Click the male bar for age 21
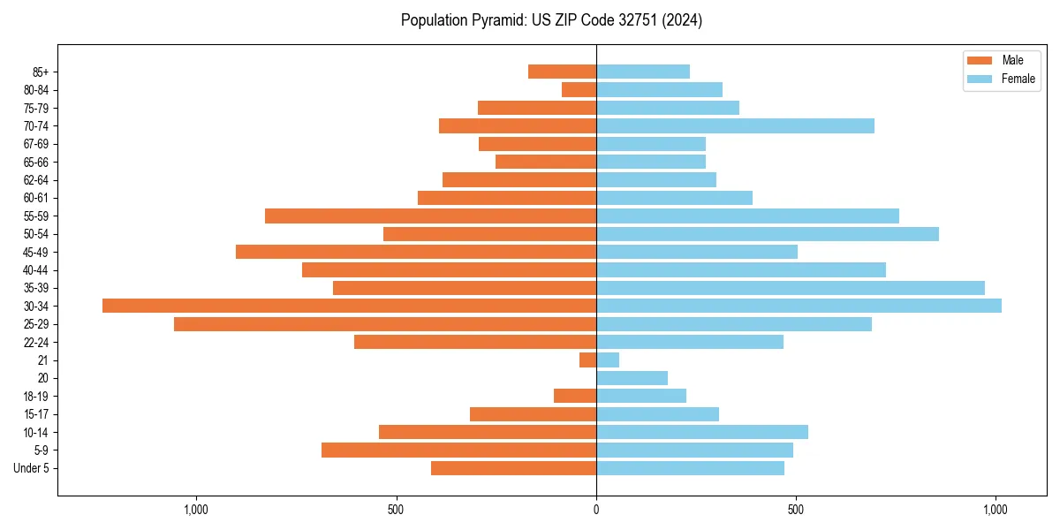click(x=587, y=360)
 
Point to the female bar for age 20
click(x=632, y=378)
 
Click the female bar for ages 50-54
click(x=768, y=234)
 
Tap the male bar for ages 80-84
click(x=579, y=90)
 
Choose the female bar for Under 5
click(x=690, y=468)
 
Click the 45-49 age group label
click(x=36, y=253)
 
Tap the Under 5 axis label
click(x=32, y=468)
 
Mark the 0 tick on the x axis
click(x=596, y=510)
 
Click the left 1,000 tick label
click(x=195, y=510)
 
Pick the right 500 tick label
click(x=796, y=510)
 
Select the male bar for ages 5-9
click(x=458, y=450)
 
